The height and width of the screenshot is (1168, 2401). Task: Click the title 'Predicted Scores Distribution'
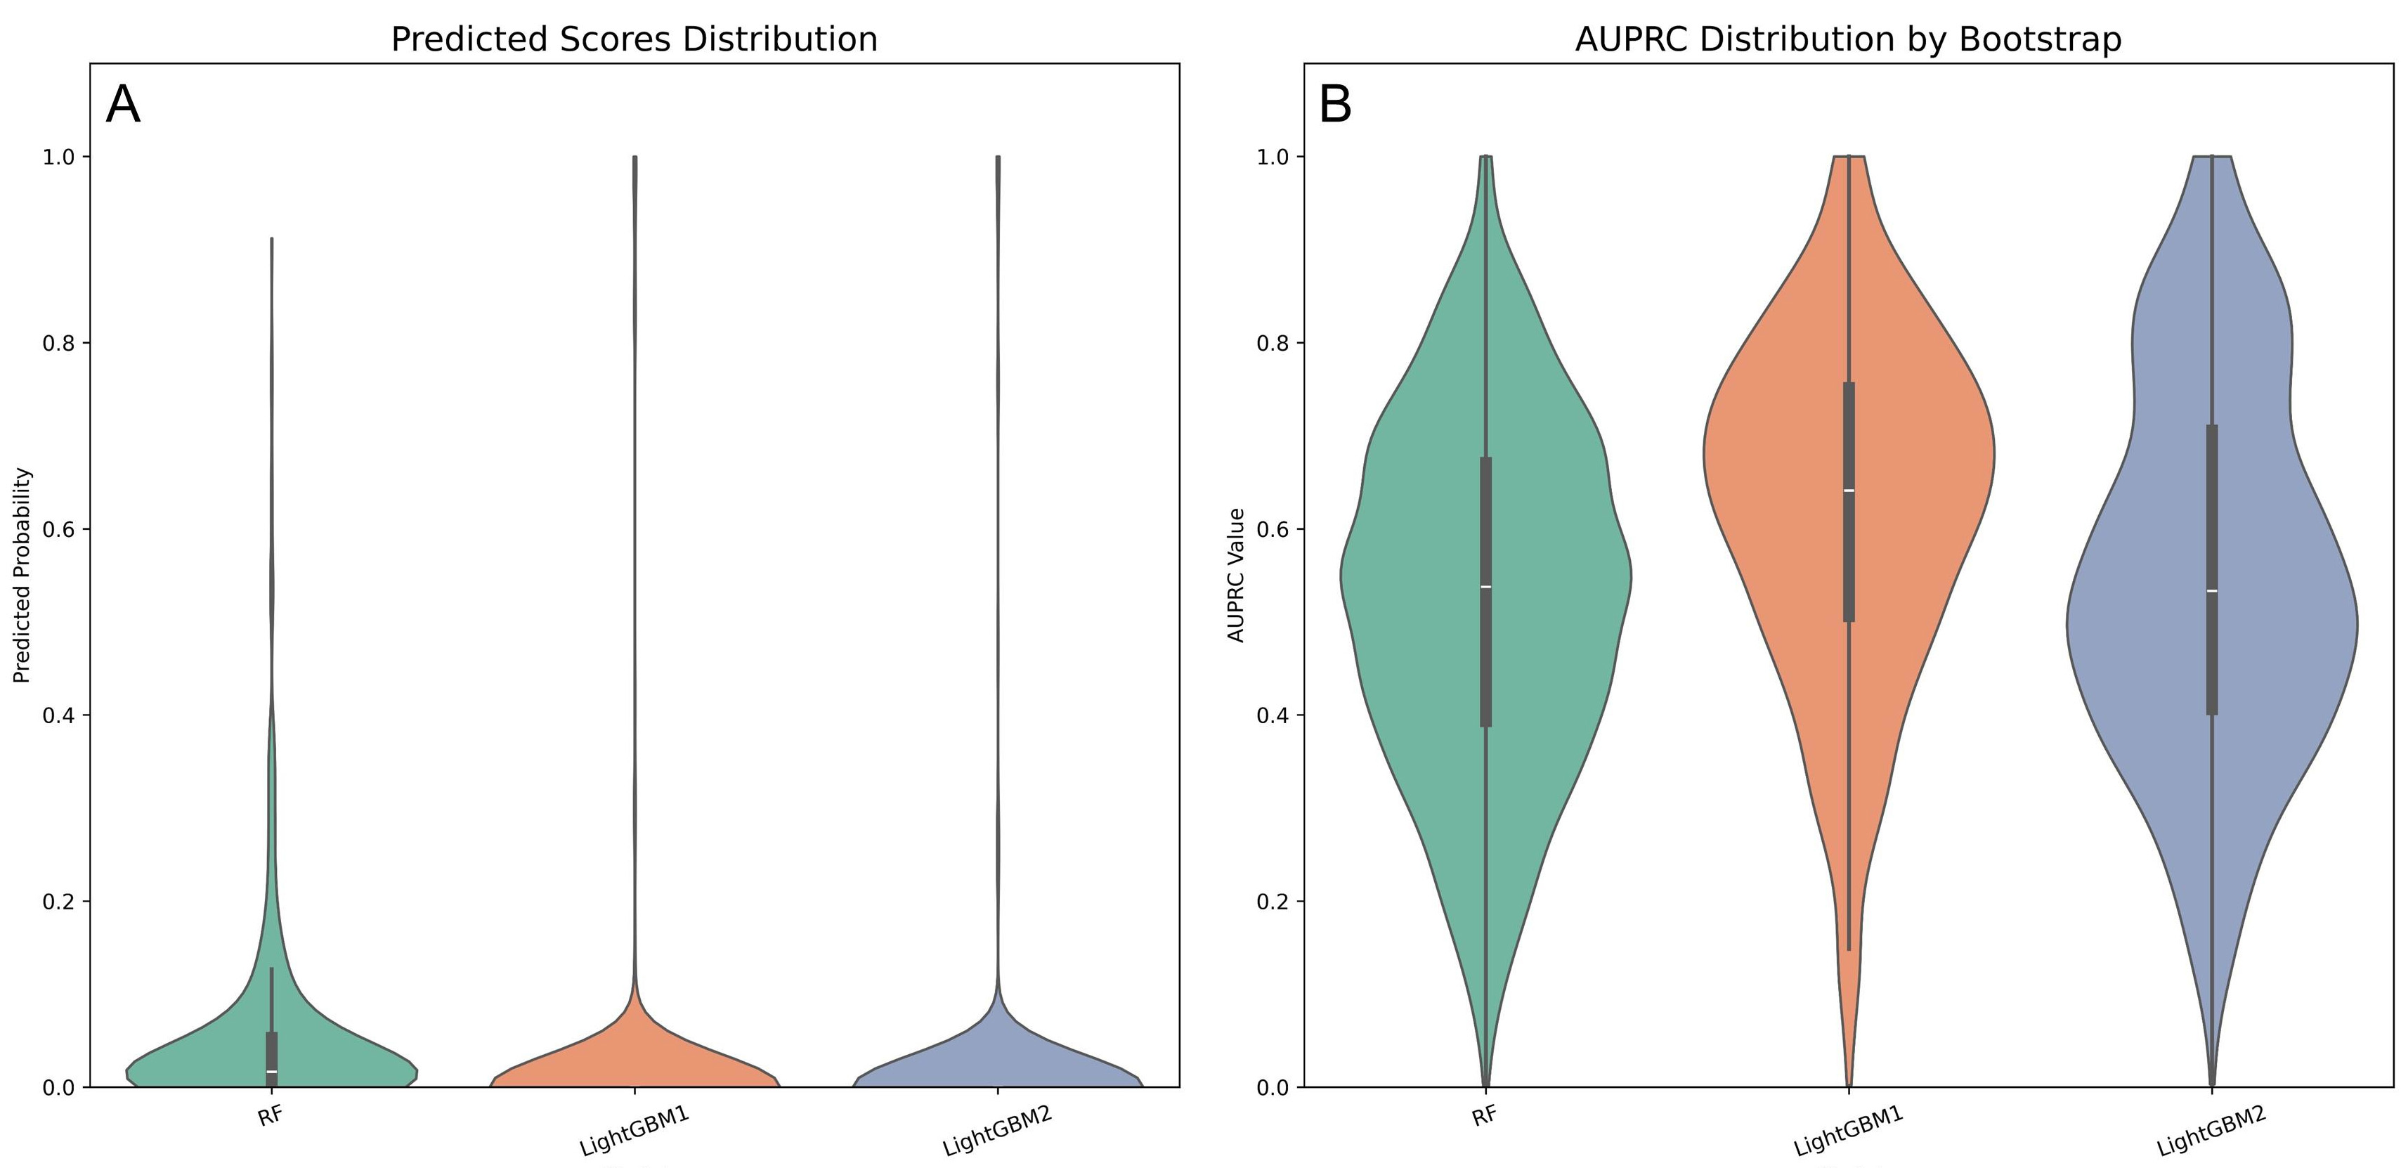point(634,39)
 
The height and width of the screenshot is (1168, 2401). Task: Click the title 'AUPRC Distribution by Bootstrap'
point(1847,39)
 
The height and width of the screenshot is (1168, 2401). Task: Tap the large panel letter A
point(123,105)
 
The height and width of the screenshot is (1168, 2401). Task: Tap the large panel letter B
point(1335,105)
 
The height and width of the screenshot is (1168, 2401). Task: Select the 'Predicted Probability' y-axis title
point(22,575)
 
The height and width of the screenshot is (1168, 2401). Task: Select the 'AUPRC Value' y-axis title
point(1236,575)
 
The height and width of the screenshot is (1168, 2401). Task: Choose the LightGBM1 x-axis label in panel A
point(634,1131)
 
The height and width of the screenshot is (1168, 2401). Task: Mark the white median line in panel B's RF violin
point(1485,586)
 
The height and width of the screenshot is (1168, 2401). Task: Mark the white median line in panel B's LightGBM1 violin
point(1848,491)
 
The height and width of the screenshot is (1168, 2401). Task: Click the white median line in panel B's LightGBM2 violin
point(2212,591)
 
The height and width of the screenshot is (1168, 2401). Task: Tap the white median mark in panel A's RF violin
point(271,1071)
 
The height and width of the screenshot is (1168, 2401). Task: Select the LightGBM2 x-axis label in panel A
point(997,1131)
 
